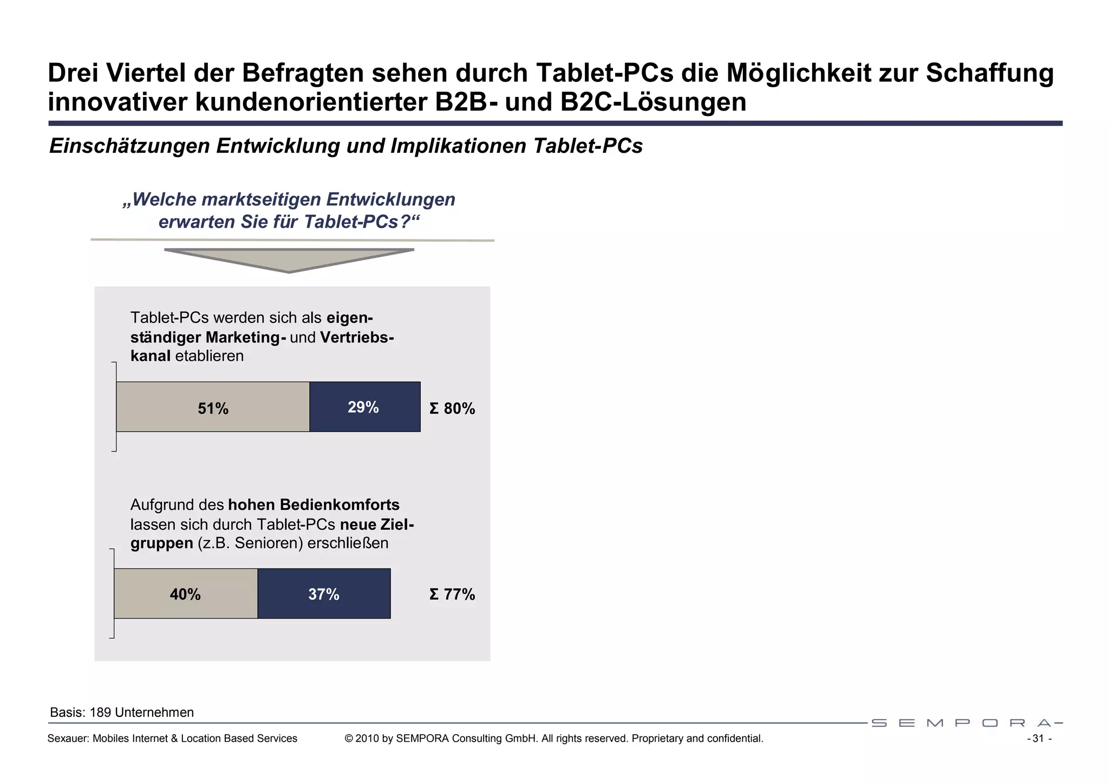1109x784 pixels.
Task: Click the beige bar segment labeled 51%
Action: (213, 407)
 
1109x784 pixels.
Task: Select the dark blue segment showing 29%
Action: (364, 407)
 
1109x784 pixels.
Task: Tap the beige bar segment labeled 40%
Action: (186, 594)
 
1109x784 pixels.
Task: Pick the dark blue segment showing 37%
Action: (324, 594)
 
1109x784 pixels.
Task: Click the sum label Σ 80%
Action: (452, 409)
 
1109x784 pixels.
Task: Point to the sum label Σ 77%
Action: (452, 595)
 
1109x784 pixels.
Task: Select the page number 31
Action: (1038, 739)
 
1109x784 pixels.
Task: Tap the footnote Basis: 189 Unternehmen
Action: (122, 712)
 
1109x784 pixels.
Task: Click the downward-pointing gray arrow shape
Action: (289, 260)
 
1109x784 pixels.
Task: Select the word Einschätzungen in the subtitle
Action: (129, 146)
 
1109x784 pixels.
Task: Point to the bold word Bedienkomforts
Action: (340, 505)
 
